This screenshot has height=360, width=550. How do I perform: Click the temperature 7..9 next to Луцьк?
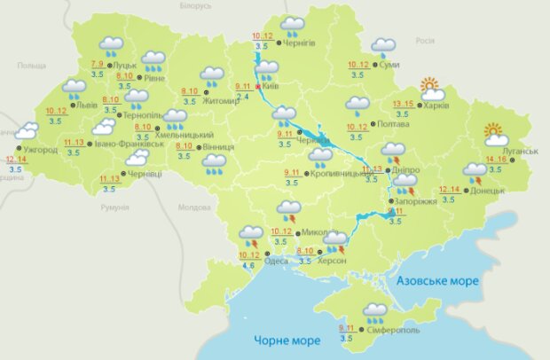97,64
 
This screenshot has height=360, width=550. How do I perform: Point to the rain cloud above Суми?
383,46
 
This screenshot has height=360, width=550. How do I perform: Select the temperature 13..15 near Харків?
403,105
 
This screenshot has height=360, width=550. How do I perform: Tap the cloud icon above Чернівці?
137,158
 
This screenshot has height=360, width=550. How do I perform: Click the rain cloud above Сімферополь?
374,311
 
